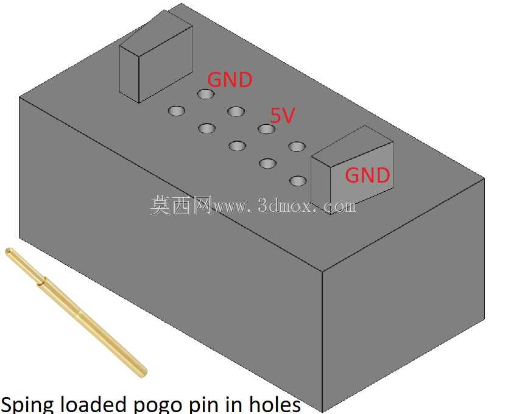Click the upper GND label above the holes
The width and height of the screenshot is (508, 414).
point(230,80)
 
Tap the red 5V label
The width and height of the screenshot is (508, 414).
point(283,115)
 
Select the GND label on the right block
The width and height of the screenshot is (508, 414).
point(367,175)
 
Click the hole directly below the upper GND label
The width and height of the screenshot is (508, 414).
point(206,94)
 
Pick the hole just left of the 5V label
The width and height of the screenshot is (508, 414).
point(266,129)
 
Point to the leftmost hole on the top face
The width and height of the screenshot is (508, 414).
point(177,111)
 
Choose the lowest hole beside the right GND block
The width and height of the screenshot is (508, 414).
point(298,181)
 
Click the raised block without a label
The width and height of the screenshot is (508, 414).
point(156,57)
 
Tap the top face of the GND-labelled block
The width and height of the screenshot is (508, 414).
point(353,146)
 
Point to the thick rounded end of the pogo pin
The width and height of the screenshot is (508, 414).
point(142,373)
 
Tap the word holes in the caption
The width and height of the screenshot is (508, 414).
point(275,404)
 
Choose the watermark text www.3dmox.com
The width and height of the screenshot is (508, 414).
point(284,206)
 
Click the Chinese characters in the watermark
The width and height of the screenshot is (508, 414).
point(181,205)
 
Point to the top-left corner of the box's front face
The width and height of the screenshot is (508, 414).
point(19,97)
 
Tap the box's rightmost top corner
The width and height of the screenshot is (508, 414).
point(484,178)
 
